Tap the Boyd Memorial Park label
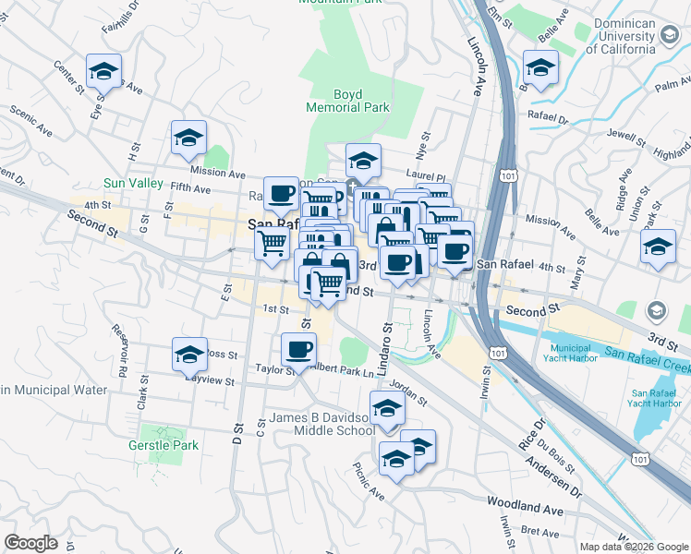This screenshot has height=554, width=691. point(348,101)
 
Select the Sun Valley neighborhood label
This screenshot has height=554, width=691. point(133,184)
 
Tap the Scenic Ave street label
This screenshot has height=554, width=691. point(31,116)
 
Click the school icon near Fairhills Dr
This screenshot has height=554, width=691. point(104,70)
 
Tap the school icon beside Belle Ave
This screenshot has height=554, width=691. point(540,66)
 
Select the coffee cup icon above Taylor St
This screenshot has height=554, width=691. point(299,350)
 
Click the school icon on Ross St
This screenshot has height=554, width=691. point(189,354)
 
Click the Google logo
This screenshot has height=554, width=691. point(31,542)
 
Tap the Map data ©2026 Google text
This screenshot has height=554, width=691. point(633,547)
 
